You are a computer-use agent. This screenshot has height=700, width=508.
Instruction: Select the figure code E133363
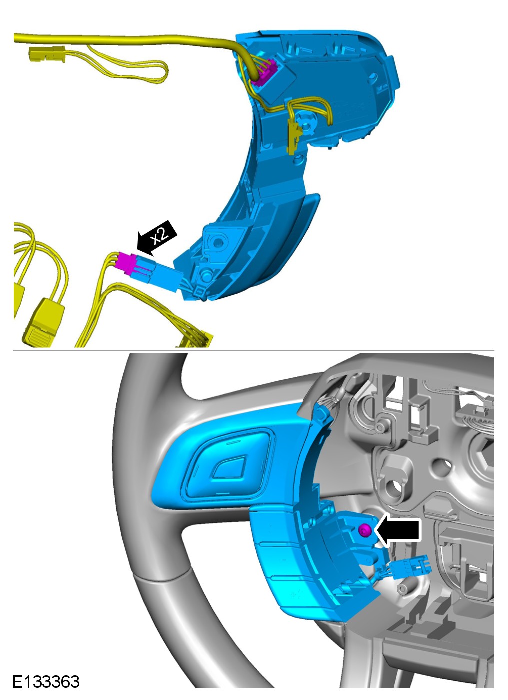point(46,681)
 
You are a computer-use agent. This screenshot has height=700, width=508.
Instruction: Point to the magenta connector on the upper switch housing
point(264,72)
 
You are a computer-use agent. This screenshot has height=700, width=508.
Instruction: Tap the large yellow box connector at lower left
point(44,322)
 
